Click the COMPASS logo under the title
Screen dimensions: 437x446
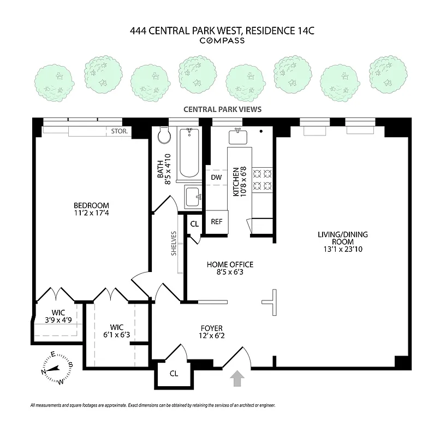[x=222, y=40]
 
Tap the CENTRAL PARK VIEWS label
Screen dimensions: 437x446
[x=222, y=109]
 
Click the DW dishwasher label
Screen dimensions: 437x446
[x=216, y=178]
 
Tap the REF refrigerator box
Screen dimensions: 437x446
[x=216, y=222]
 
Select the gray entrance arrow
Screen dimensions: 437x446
[x=237, y=379]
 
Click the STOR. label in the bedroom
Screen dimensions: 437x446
[x=119, y=132]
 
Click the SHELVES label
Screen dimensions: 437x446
[x=174, y=244]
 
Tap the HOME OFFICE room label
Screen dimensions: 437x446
[x=230, y=264]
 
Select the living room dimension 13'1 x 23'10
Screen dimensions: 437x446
[x=343, y=249]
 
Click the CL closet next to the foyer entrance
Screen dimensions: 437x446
[x=174, y=374]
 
